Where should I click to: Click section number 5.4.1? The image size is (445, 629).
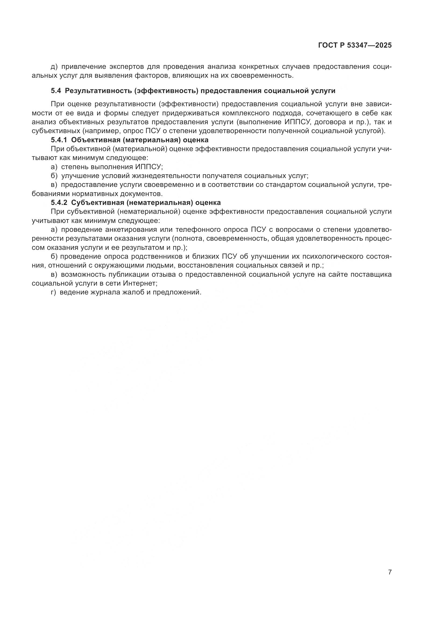tap(59, 140)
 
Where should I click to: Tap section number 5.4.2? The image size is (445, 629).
tap(59, 203)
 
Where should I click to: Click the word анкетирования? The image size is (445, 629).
tap(133, 230)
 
